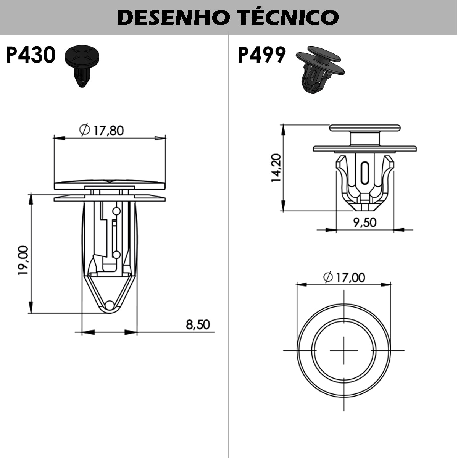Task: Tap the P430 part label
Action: (x=31, y=55)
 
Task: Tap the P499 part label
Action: (x=261, y=55)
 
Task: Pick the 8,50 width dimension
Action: (x=198, y=324)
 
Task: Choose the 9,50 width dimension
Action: (x=364, y=222)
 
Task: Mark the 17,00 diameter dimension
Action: (x=350, y=277)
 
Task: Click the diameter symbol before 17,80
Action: (x=85, y=130)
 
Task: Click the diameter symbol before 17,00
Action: (x=328, y=277)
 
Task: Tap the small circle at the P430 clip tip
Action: (x=110, y=305)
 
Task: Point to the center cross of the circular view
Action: (x=344, y=350)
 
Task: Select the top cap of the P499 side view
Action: (x=365, y=128)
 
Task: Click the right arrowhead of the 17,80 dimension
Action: (x=160, y=138)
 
